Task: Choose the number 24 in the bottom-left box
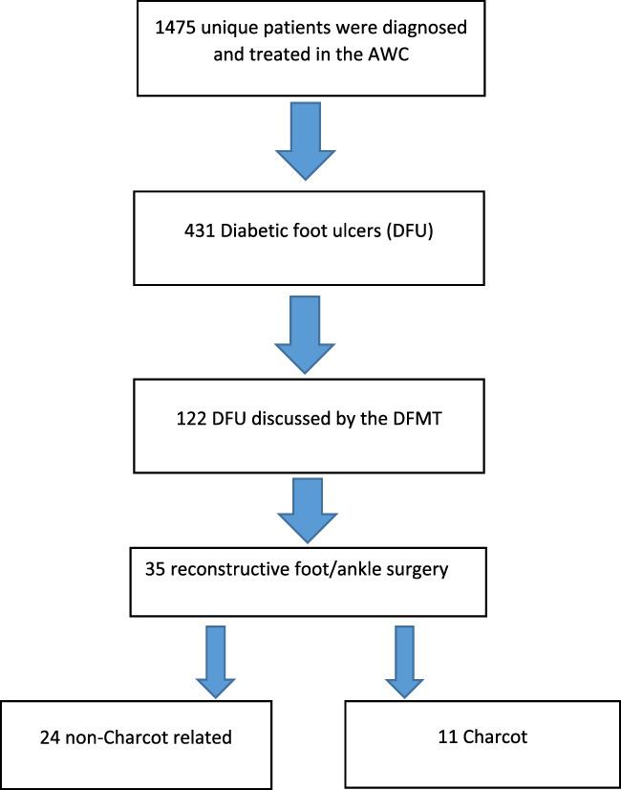(x=52, y=736)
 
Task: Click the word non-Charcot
(x=118, y=736)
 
